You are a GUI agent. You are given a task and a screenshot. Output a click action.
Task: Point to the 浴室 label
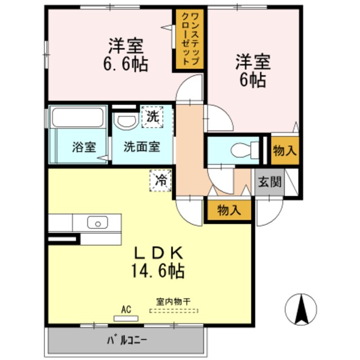click(84, 147)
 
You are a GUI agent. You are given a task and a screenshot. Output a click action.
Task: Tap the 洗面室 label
click(142, 147)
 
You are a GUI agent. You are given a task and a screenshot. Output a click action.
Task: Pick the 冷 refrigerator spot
click(160, 181)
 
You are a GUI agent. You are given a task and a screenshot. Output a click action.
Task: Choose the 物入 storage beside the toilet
click(285, 150)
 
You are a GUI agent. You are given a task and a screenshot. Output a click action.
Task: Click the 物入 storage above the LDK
click(229, 210)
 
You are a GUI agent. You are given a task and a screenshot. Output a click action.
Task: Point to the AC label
click(125, 309)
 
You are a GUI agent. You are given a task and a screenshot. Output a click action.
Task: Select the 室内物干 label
click(169, 301)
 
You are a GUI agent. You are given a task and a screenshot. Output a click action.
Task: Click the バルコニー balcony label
click(125, 340)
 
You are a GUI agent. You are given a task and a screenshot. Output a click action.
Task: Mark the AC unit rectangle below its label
click(125, 318)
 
